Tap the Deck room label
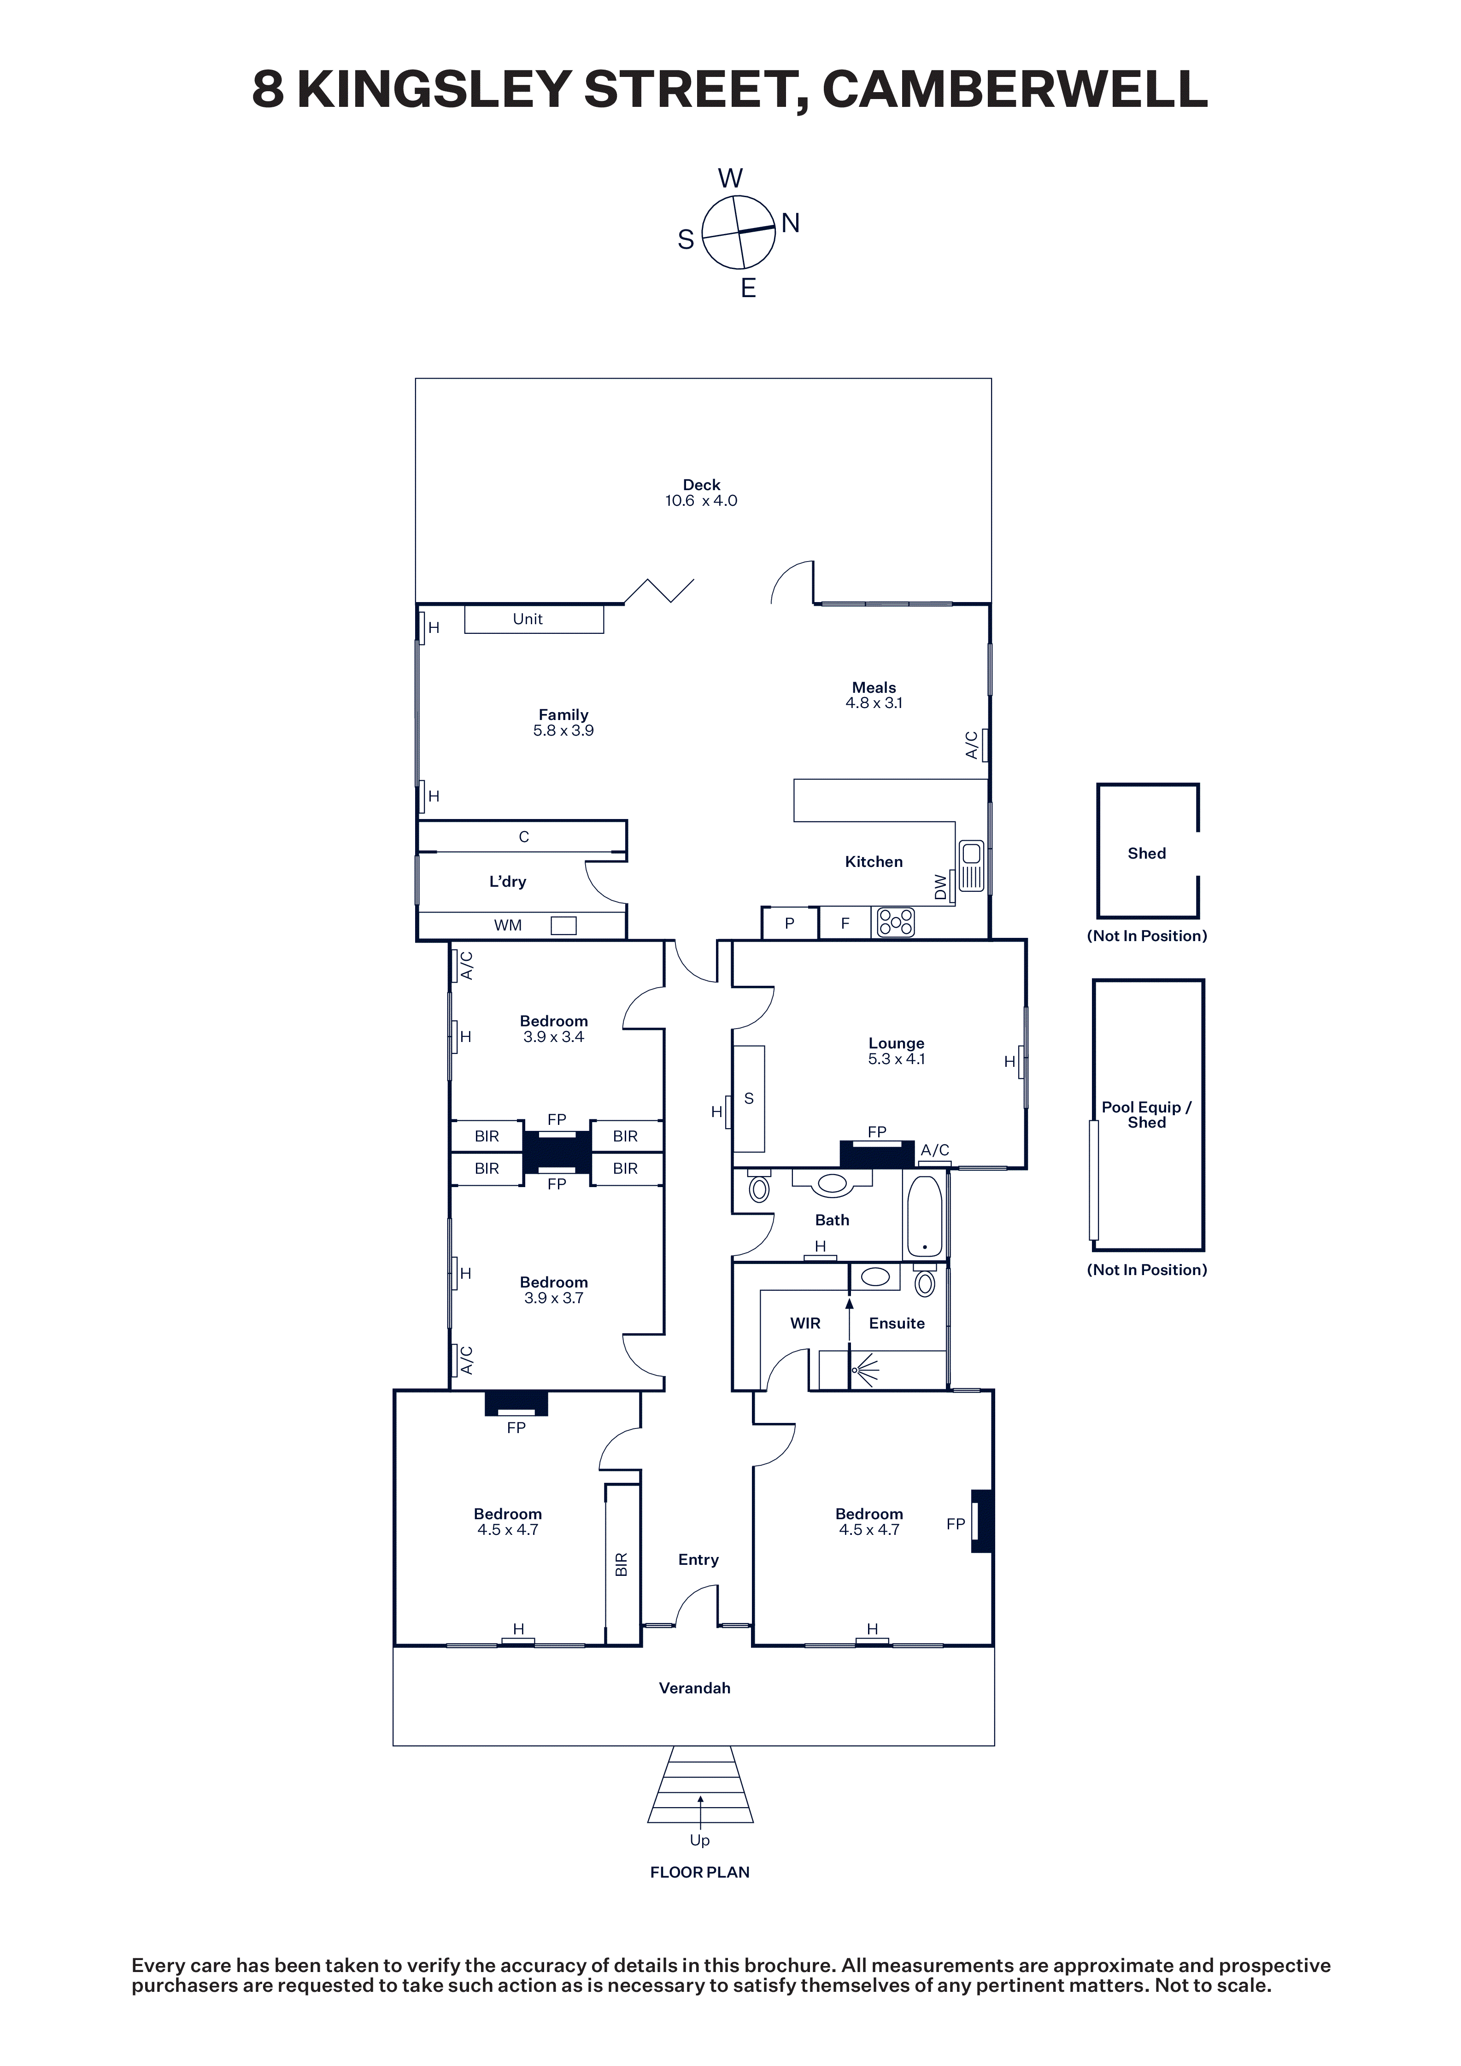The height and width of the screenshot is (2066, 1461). pos(701,485)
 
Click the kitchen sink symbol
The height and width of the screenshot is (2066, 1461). pos(971,866)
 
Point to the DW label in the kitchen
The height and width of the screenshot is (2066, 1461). pos(941,887)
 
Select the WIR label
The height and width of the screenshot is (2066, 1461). pos(806,1323)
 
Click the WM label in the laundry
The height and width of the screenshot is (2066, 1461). pos(508,925)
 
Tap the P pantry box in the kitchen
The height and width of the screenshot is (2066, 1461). pos(789,923)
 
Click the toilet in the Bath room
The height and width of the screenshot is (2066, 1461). pos(759,1187)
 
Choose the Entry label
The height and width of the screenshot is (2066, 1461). pos(698,1559)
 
